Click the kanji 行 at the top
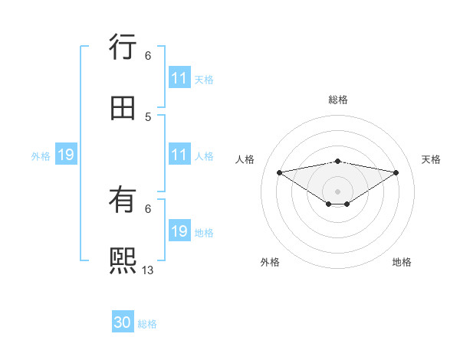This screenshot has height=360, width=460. tap(123, 48)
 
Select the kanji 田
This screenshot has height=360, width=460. tap(123, 108)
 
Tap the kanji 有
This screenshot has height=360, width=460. tap(123, 200)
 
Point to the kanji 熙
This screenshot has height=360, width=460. tap(123, 260)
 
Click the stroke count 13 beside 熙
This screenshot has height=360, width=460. tap(148, 270)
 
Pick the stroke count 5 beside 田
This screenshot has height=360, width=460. tap(148, 117)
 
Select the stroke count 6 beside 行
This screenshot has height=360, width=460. tap(148, 56)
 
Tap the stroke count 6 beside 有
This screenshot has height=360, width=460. tap(148, 208)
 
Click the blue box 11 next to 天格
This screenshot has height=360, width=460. tap(179, 78)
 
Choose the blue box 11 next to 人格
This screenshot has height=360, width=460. tap(179, 155)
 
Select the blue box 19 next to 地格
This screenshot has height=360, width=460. tap(179, 231)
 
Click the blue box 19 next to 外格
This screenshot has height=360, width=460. tap(66, 155)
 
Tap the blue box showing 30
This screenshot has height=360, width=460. tap(123, 322)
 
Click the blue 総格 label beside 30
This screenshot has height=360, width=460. tap(147, 324)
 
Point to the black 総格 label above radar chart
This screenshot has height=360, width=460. tap(337, 100)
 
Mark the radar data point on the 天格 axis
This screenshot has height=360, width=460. tap(396, 172)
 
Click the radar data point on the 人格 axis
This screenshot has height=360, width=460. tap(279, 172)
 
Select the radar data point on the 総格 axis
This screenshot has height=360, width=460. tap(337, 161)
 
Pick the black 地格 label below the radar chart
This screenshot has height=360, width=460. tap(402, 262)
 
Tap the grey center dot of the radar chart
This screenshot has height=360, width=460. tap(337, 191)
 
